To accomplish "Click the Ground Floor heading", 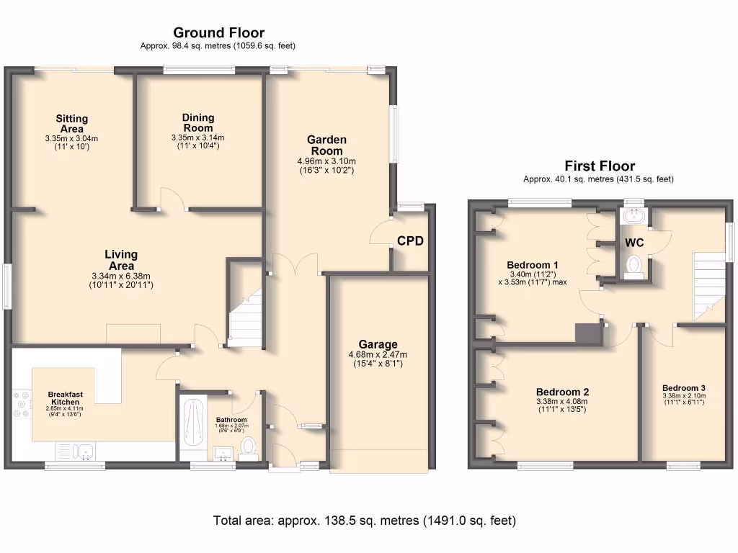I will (218, 33).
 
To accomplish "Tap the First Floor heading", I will (600, 166).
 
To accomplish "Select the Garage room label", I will (378, 345).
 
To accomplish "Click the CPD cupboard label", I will (410, 241).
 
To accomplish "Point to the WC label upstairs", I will (633, 243).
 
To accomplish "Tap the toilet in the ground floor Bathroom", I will (249, 446).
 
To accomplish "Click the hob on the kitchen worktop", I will (20, 405).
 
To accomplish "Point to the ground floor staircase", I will (245, 313).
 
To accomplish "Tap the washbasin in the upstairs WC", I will (633, 216).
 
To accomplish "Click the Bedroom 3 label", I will (684, 387).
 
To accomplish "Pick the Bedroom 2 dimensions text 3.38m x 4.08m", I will (562, 401).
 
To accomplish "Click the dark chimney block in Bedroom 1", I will (589, 333).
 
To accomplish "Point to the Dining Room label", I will (197, 122).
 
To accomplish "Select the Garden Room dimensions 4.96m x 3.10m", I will (326, 161).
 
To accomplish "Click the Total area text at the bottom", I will (364, 520).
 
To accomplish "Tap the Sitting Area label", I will (71, 123).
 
